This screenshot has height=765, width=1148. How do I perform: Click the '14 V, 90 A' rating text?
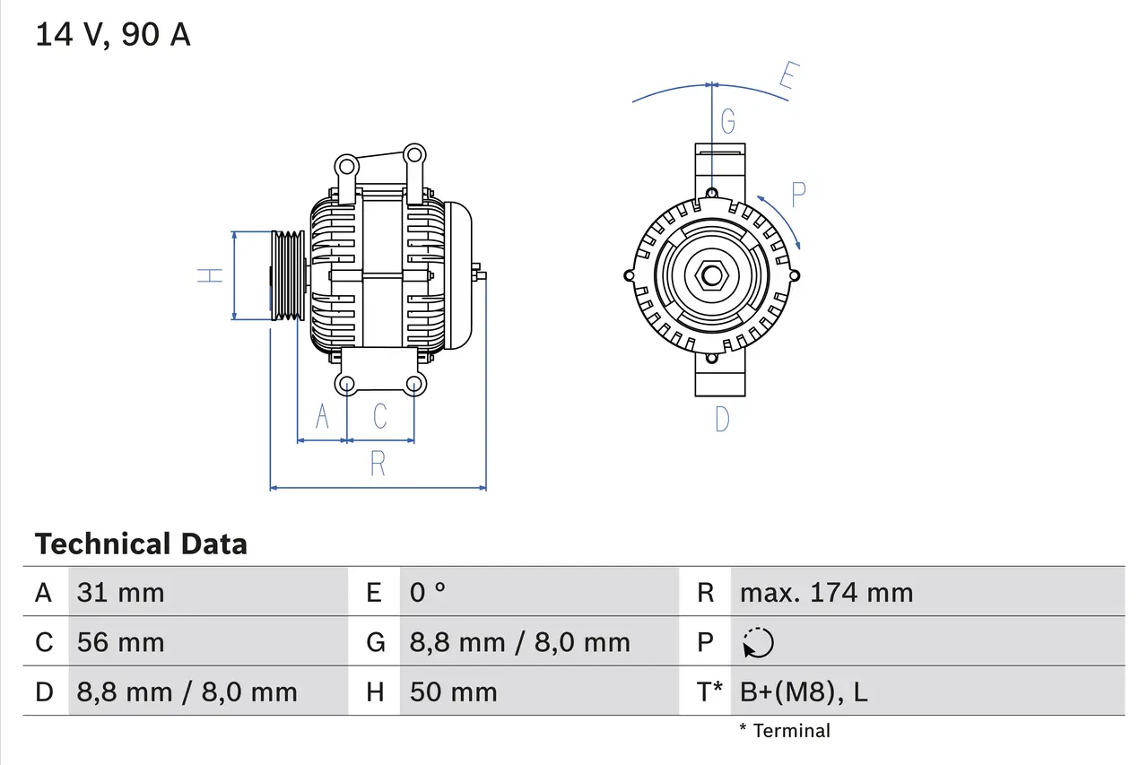(x=113, y=34)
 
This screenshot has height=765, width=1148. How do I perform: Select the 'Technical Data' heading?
(x=141, y=543)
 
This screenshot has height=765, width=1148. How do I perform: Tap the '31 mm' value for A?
(x=121, y=592)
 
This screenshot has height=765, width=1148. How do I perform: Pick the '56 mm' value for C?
(x=121, y=642)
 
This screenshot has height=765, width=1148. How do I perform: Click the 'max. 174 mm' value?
(x=826, y=592)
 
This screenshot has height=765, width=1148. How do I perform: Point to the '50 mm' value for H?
(x=453, y=691)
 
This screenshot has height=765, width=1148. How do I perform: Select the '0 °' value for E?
(x=428, y=592)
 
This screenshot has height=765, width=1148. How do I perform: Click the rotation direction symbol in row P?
(x=758, y=642)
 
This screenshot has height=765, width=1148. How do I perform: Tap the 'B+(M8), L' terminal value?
(x=804, y=691)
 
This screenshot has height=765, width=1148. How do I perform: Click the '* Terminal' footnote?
(x=785, y=730)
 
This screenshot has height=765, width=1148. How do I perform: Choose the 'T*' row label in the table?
(x=709, y=691)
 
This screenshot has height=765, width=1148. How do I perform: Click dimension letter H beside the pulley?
(x=211, y=275)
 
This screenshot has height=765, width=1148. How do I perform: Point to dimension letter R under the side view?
(x=378, y=464)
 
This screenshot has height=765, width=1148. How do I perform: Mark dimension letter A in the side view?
(x=322, y=416)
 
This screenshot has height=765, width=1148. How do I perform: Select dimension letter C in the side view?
(x=380, y=416)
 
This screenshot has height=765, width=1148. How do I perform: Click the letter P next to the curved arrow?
(x=797, y=193)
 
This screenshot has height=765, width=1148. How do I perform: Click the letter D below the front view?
(x=722, y=419)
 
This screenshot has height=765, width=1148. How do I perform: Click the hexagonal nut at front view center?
(x=711, y=275)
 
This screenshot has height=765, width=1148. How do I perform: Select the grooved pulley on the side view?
(x=289, y=275)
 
